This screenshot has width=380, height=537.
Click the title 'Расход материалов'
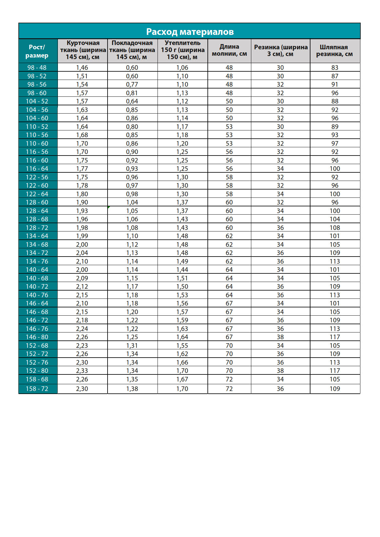tap(190, 32)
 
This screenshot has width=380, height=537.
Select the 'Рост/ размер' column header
tap(37, 51)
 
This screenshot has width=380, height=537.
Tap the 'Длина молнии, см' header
tap(229, 50)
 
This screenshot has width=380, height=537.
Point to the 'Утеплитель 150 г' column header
tap(183, 50)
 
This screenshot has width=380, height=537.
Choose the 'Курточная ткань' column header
tap(83, 50)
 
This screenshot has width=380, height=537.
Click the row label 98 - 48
tap(37, 68)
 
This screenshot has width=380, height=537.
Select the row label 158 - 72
tap(37, 389)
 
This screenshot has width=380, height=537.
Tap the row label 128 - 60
tap(37, 202)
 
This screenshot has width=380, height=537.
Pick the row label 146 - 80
tap(37, 337)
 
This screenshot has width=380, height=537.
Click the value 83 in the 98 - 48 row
tap(335, 68)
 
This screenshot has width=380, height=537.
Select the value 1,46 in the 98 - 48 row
tap(82, 68)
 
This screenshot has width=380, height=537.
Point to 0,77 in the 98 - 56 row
tap(132, 84)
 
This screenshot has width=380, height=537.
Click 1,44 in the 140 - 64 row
tap(182, 270)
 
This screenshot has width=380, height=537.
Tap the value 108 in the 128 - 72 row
tap(335, 228)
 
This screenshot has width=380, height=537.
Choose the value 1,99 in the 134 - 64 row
tap(82, 236)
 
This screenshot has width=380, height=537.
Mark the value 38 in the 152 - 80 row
tap(280, 371)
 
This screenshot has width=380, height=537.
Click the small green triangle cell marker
tap(109, 208)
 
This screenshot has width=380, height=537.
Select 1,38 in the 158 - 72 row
tap(132, 389)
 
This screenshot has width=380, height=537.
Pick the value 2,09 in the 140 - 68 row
tap(82, 278)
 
